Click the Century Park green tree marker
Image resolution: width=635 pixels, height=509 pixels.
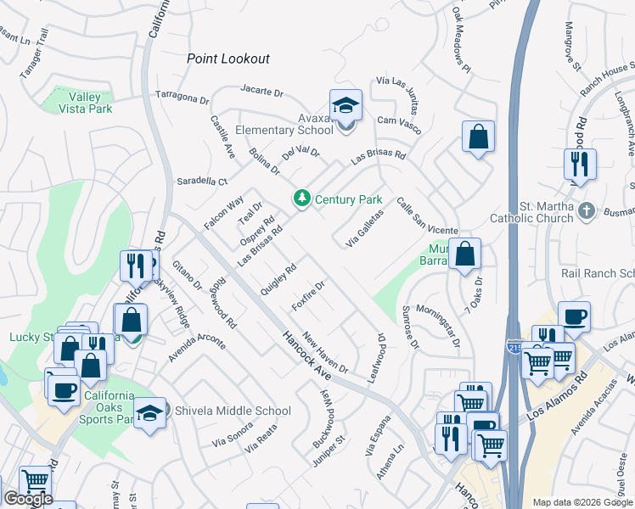(x=301, y=199)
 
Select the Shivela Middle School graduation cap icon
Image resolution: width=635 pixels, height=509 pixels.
(x=150, y=412)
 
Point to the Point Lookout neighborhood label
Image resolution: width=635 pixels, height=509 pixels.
(x=228, y=59)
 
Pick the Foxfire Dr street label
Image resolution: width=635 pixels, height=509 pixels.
(x=309, y=295)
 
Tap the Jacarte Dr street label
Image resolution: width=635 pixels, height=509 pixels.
(x=260, y=89)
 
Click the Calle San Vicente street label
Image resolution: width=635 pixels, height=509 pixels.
(x=427, y=215)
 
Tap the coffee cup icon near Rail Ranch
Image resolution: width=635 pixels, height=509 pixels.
(x=575, y=316)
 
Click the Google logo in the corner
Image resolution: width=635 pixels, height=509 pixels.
(x=27, y=499)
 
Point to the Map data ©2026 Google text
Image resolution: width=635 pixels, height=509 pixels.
(x=582, y=502)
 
